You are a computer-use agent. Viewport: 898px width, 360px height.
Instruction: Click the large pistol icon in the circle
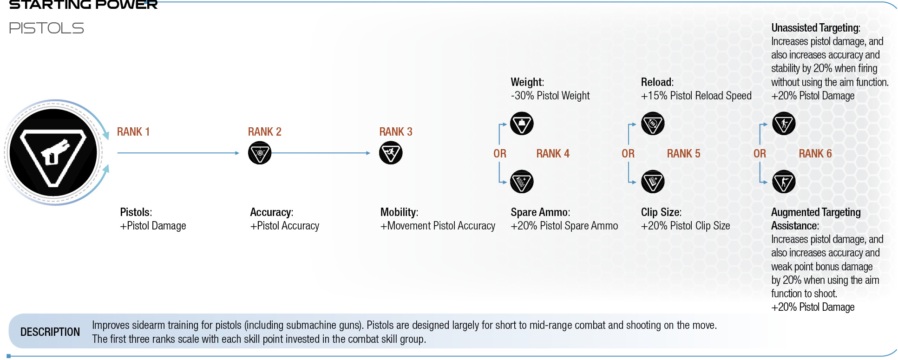[53, 152]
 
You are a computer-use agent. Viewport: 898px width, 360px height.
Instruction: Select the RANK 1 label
[133, 132]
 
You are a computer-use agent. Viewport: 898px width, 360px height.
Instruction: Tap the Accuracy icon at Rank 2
[260, 153]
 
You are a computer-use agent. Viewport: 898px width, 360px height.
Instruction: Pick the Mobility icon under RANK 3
[391, 153]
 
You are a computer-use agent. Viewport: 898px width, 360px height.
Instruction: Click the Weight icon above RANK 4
[522, 124]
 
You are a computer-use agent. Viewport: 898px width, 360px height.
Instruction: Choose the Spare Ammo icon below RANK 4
[522, 182]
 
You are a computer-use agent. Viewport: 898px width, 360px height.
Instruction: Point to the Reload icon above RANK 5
[653, 124]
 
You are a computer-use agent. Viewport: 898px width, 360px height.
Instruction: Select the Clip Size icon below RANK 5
[653, 182]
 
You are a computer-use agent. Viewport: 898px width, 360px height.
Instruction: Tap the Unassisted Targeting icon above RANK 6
[784, 124]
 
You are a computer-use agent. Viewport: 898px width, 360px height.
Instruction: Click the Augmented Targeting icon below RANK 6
[784, 182]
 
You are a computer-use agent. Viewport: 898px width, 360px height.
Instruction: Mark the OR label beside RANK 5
[628, 154]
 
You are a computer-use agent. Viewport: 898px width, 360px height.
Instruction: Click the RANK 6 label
[815, 154]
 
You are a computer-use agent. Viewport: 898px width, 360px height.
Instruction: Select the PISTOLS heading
[46, 28]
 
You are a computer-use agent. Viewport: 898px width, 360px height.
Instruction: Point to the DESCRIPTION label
[50, 332]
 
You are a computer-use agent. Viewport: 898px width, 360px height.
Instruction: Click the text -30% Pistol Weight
[550, 96]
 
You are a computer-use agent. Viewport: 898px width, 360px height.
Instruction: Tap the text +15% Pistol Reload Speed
[696, 96]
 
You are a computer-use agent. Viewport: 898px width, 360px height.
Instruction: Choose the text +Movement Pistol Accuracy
[438, 226]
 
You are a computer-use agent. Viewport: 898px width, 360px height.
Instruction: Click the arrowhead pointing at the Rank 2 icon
[237, 153]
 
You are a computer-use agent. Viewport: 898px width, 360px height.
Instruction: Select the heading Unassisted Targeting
[816, 28]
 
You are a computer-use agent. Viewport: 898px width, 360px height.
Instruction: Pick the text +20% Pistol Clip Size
[686, 226]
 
